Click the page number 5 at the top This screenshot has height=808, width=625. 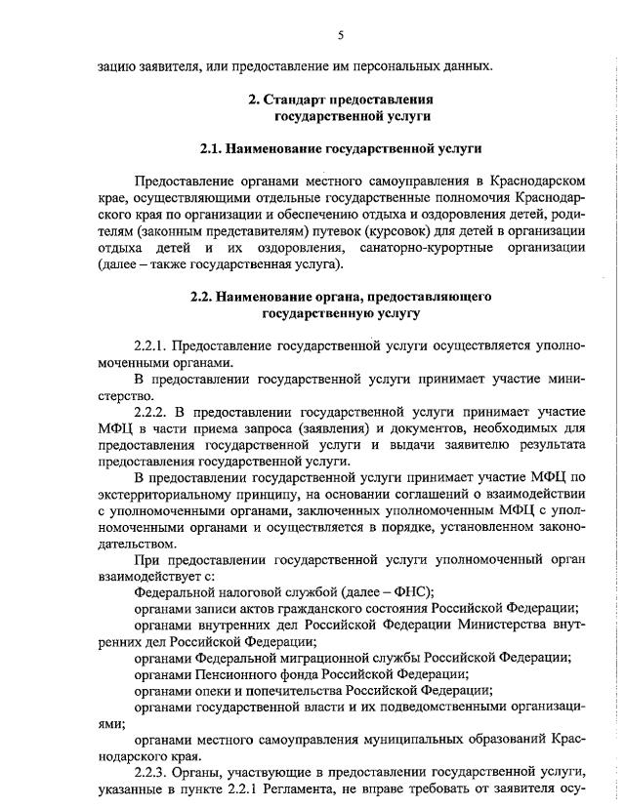pyautogui.click(x=341, y=35)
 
